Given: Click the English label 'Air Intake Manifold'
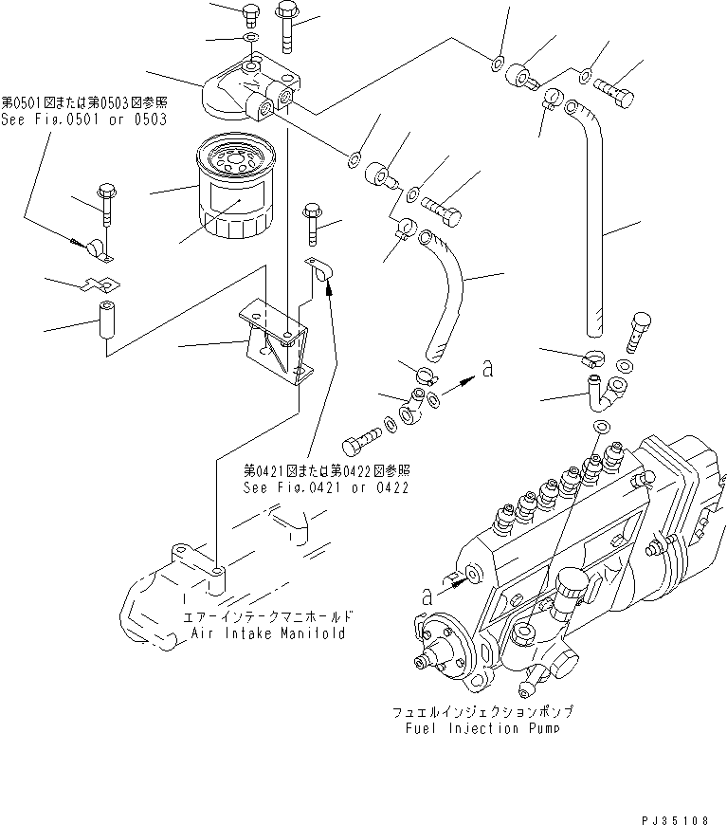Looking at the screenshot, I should pyautogui.click(x=268, y=632).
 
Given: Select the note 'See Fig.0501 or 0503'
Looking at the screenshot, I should pyautogui.click(x=83, y=120).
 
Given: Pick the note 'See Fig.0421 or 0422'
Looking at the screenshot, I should pyautogui.click(x=325, y=487).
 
